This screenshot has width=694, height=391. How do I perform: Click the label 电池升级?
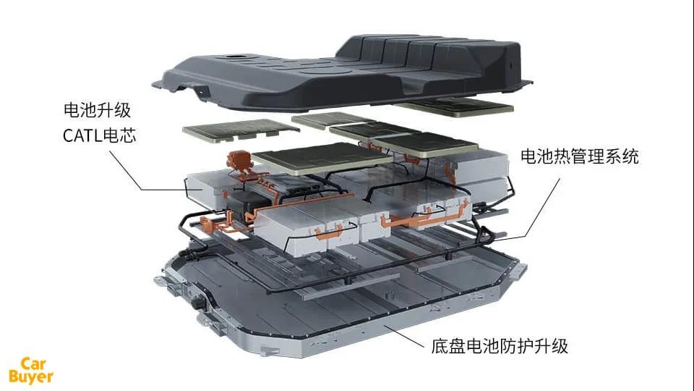tap(98, 110)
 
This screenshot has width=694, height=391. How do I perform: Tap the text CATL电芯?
tap(99, 135)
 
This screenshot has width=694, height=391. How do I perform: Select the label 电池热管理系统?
tap(580, 156)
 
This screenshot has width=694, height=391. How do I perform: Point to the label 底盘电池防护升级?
tap(500, 346)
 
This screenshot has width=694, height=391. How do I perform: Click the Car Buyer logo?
tap(31, 370)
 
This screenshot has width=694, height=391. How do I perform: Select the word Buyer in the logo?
tap(31, 377)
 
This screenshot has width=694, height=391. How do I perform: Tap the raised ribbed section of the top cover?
tap(425, 53)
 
